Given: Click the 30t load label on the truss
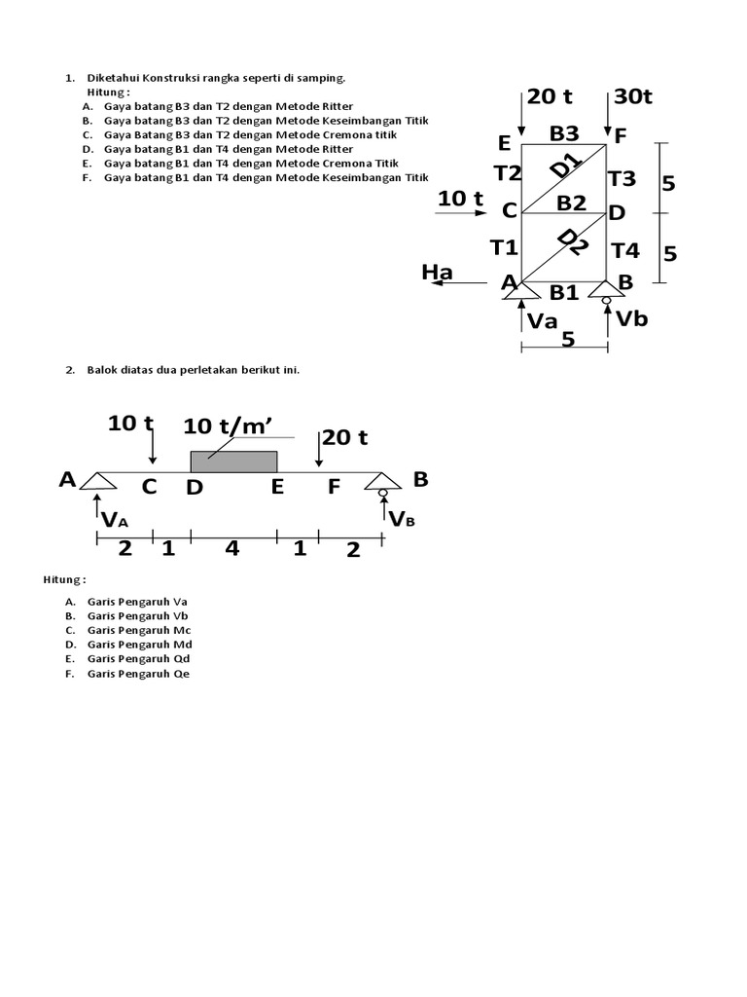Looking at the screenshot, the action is coord(633,96).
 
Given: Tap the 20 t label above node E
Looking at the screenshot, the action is coord(550,96).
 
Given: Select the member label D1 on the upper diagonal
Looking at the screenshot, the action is coord(567,166).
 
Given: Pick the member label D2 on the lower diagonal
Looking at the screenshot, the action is coord(573,242).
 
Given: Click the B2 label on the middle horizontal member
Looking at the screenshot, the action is coord(571,203).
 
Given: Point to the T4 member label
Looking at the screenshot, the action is coord(625,251).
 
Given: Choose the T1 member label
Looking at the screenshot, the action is coord(505,247).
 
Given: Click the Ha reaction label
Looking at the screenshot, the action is coord(437,273).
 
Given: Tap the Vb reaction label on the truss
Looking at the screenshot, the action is coord(632,318).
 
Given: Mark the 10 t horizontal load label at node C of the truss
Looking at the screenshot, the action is coord(460,199).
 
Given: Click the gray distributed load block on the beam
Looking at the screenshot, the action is coord(233,462).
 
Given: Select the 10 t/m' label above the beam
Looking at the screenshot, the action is coord(229,426).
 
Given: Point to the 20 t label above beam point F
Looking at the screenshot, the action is coord(345,437).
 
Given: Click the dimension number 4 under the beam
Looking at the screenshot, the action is coord(232,548).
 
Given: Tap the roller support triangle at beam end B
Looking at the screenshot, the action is coord(383,481).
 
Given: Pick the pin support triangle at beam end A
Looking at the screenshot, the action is coord(98,481).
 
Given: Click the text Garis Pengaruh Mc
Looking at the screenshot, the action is coord(139,630).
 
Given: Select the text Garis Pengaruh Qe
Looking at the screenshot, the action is coord(138,674).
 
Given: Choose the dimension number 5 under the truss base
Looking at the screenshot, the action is coord(568,339).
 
